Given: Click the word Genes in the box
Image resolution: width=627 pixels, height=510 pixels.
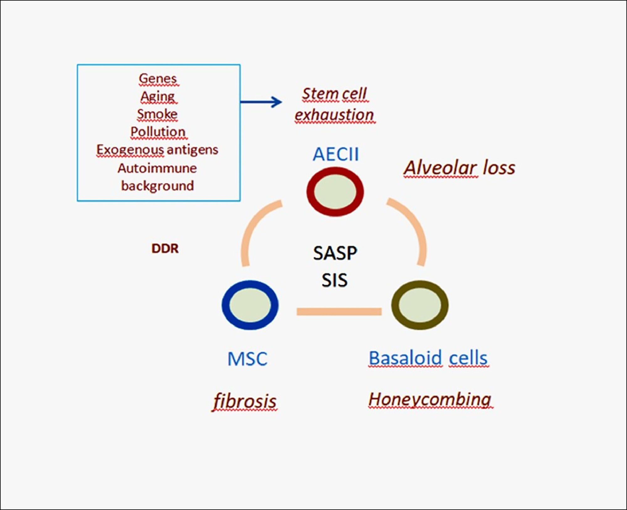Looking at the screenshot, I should point(158,79).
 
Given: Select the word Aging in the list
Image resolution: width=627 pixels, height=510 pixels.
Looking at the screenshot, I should point(157,96).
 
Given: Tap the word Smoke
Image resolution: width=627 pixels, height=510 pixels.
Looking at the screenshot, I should point(157,114).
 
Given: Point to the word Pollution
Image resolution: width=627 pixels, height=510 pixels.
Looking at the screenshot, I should point(158,132).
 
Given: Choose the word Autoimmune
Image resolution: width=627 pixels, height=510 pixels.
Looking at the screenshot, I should point(157,168).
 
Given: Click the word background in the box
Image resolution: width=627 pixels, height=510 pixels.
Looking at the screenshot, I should point(157,186).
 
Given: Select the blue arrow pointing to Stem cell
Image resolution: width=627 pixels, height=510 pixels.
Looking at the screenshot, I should point(261,102).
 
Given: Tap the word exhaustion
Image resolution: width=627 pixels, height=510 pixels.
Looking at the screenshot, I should point(334,115).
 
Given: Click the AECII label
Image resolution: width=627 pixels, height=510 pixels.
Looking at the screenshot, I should point(335,154).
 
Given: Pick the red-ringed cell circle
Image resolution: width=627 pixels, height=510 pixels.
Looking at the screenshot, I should point(335,191).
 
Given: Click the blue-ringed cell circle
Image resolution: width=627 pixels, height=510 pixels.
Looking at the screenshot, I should point(250,305).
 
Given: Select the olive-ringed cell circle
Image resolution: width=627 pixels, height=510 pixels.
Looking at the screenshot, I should point(420,305).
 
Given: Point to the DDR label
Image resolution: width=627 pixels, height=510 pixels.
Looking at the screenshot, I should point(165,249).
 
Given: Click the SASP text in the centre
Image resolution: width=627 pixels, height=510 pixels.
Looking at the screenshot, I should point(335,253).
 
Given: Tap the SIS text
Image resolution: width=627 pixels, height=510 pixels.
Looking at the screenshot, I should point(335,280).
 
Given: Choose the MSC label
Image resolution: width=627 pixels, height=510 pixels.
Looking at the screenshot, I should point(247,359).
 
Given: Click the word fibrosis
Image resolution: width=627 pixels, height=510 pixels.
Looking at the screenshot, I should point(245,401).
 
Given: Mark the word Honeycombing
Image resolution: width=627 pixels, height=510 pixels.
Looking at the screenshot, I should point(429,400).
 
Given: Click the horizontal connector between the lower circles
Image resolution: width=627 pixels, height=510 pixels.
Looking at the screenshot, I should point(339,311).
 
